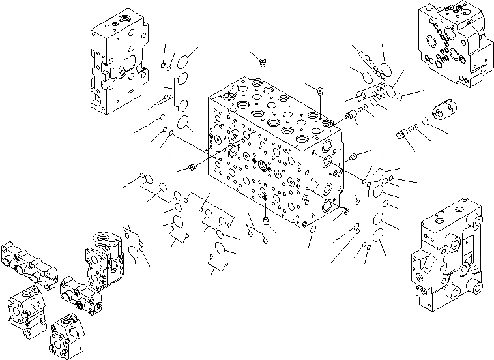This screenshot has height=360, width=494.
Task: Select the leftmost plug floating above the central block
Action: click(263, 63)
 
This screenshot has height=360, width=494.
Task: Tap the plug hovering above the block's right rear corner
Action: click(320, 90)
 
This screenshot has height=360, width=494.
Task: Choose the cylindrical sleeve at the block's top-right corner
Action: click(354, 117)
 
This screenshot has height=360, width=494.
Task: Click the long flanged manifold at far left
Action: click(29, 265)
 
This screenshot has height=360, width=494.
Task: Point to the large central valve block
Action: click(274, 157)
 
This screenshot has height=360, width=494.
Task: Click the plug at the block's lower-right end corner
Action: click(345, 211)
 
